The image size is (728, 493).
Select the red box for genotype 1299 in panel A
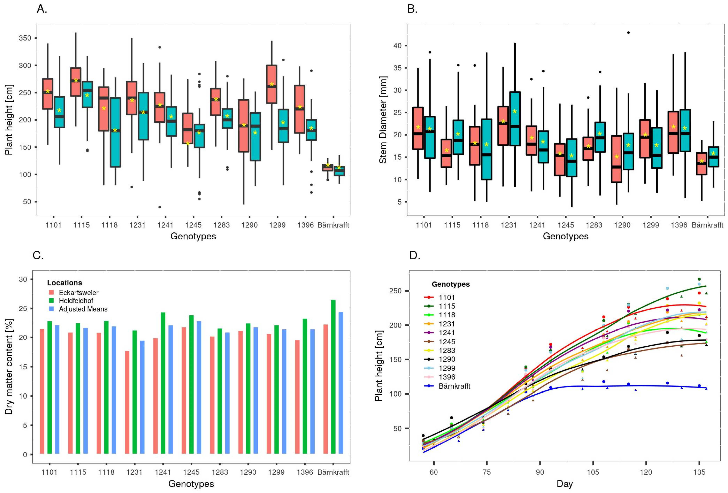click(271, 84)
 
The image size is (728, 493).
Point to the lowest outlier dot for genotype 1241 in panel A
click(160, 207)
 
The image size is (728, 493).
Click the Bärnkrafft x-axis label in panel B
click(707, 225)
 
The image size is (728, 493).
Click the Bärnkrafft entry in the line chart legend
click(454, 386)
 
